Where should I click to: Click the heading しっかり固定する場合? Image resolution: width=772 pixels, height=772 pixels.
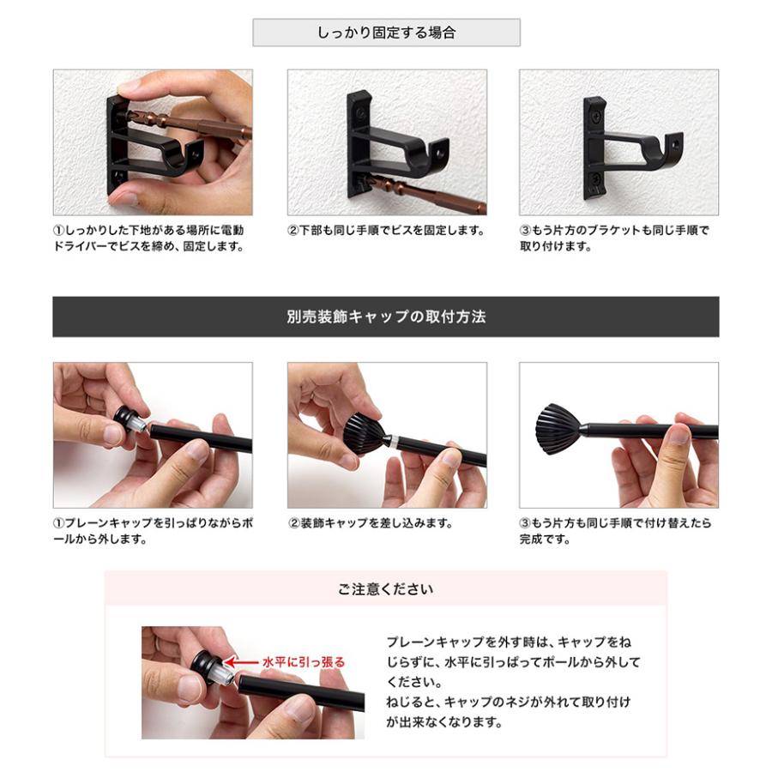tap(386, 33)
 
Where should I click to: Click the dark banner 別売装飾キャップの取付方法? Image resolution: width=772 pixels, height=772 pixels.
tap(386, 317)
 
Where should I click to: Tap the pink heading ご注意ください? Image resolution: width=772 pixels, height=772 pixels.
tap(385, 589)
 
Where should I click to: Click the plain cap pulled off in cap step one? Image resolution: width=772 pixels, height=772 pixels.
tap(129, 420)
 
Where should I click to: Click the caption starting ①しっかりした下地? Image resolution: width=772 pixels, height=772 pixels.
tap(148, 238)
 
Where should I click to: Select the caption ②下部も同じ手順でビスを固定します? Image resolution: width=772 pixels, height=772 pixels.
tap(386, 231)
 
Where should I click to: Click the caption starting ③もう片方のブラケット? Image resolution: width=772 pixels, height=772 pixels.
tap(614, 238)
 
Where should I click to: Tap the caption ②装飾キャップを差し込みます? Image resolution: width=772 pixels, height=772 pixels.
tap(370, 523)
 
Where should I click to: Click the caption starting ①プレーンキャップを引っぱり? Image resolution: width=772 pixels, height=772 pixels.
tap(153, 531)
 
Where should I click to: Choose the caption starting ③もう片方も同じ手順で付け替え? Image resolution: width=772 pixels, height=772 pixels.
tap(614, 531)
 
